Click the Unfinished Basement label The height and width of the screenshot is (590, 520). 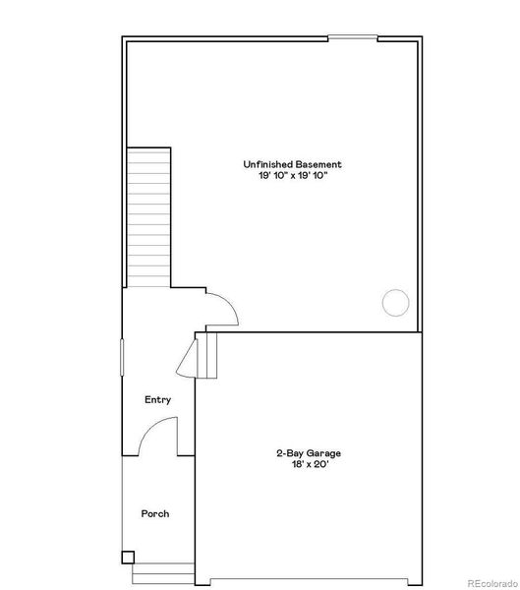tap(293, 164)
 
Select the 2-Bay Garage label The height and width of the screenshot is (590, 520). tap(308, 453)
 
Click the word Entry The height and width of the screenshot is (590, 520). tap(157, 399)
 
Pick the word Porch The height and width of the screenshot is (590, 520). tap(155, 513)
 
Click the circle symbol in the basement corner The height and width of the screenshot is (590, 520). tap(395, 302)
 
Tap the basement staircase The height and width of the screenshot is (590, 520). tap(149, 217)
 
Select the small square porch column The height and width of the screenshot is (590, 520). tap(127, 558)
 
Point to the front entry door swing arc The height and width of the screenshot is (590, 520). tap(157, 436)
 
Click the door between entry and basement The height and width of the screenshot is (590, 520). tap(222, 309)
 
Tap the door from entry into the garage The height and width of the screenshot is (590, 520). tap(187, 359)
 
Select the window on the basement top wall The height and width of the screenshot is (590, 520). tap(352, 38)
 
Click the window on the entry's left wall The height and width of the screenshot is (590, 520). tap(122, 356)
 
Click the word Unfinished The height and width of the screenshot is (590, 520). tap(268, 164)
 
